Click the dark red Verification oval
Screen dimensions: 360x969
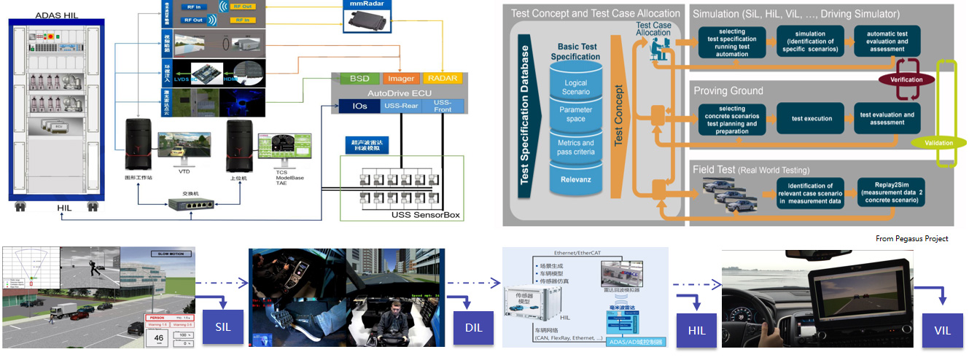(906, 79)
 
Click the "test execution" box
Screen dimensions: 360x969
(812, 118)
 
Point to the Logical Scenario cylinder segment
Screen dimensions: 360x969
(575, 87)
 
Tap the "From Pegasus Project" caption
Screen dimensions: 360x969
(912, 239)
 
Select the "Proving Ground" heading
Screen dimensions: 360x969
(728, 91)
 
